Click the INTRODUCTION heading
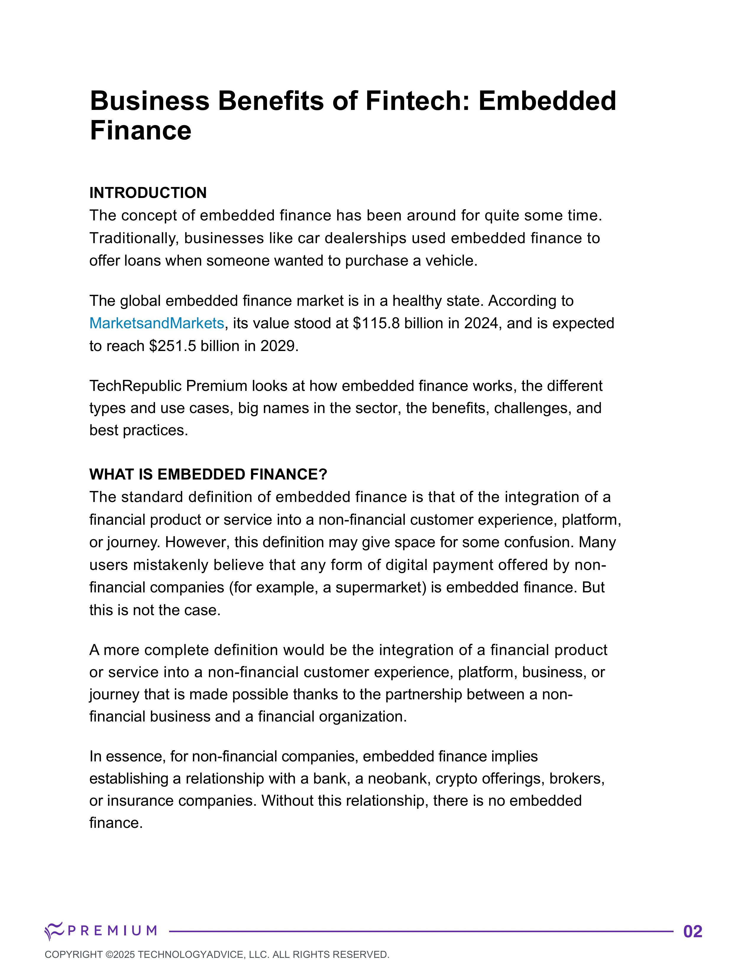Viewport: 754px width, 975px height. click(x=148, y=193)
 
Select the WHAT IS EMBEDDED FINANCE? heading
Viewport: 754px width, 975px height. click(x=208, y=474)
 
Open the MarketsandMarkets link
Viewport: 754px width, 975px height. click(x=156, y=323)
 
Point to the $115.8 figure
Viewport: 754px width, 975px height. click(x=376, y=323)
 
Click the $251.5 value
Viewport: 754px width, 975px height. click(x=172, y=346)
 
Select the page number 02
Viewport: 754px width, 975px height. click(x=693, y=932)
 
